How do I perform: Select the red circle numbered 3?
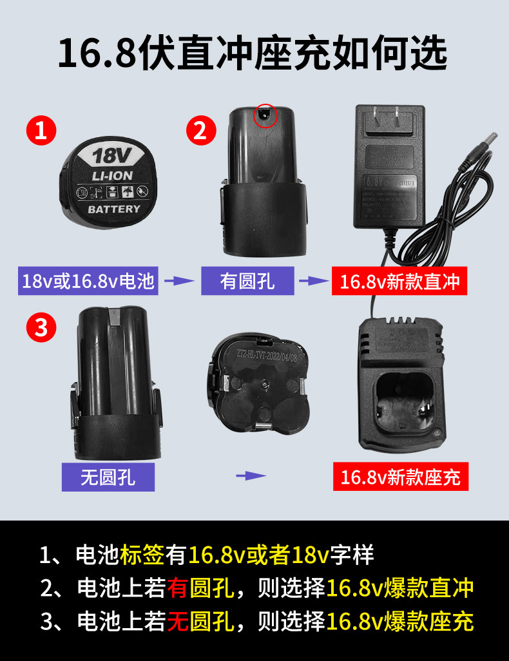pyautogui.click(x=41, y=328)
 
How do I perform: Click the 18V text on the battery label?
pyautogui.click(x=111, y=155)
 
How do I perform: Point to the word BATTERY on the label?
pyautogui.click(x=113, y=209)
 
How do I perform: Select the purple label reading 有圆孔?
pyautogui.click(x=247, y=282)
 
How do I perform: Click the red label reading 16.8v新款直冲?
pyautogui.click(x=399, y=282)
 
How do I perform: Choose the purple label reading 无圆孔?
pyautogui.click(x=108, y=477)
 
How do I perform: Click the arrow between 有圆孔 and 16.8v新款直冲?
pyautogui.click(x=313, y=281)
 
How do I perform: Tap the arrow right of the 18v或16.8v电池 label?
pyautogui.click(x=179, y=281)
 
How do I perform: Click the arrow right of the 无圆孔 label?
pyautogui.click(x=251, y=476)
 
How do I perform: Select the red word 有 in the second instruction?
pyautogui.click(x=177, y=587)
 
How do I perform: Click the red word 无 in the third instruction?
pyautogui.click(x=177, y=621)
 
